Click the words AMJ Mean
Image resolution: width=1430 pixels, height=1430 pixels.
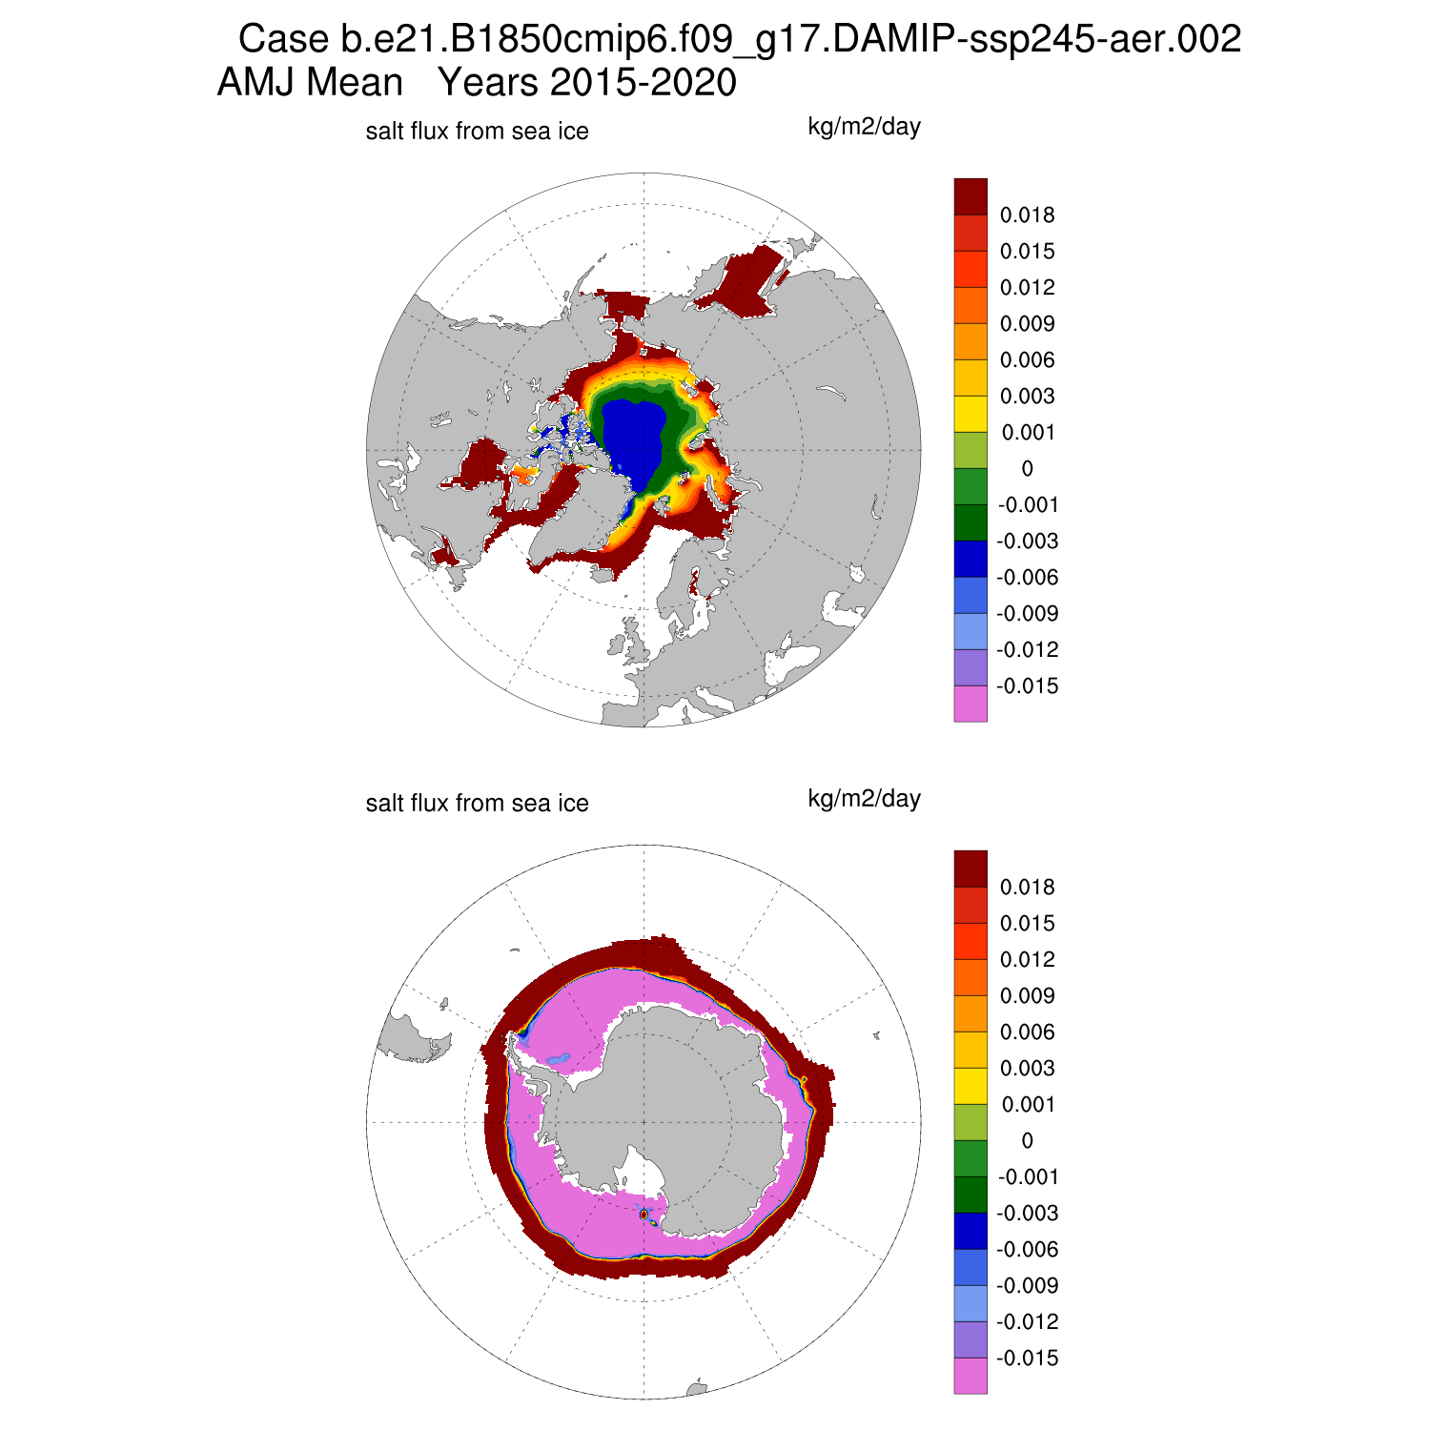coord(311,83)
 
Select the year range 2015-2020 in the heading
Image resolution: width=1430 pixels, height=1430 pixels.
coord(587,83)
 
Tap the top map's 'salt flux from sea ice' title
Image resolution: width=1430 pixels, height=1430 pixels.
coord(477,132)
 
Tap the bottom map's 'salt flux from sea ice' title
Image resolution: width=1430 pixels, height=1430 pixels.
coord(477,804)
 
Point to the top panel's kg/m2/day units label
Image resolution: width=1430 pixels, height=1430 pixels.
coord(864,127)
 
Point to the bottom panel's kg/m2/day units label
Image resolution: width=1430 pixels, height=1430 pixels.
coord(864,799)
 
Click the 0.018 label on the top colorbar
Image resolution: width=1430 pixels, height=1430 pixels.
coord(1027,215)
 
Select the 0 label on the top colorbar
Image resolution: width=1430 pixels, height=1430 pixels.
coord(1027,469)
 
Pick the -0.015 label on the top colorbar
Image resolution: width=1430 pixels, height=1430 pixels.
coord(1027,686)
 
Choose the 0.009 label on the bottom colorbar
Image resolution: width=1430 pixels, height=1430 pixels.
coord(1027,996)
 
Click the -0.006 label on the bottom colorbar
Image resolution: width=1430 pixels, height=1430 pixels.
coord(1027,1250)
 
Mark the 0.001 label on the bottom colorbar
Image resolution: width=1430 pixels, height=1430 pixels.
coord(1027,1105)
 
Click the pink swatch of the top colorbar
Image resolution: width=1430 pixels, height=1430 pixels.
coord(970,704)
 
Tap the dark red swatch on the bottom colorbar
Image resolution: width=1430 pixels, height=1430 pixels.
coord(970,868)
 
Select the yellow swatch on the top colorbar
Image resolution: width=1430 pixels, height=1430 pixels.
coord(970,414)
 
